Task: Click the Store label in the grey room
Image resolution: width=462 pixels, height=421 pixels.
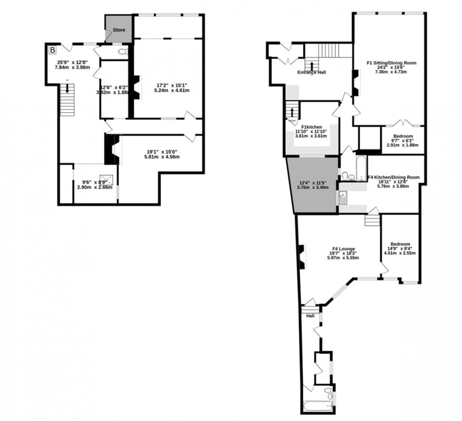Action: [119, 30]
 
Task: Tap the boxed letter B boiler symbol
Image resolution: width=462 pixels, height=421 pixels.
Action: [52, 49]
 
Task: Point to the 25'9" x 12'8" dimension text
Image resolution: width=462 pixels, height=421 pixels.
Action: [71, 65]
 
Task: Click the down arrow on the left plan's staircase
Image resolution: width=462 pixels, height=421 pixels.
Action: [67, 88]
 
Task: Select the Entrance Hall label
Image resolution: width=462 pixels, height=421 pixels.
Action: [312, 73]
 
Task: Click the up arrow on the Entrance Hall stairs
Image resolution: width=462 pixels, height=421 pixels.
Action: [311, 64]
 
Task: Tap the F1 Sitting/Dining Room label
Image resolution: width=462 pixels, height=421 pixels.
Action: [392, 63]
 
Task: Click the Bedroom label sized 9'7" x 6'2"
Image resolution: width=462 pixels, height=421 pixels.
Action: [403, 136]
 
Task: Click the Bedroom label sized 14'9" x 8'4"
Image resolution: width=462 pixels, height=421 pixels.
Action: [399, 244]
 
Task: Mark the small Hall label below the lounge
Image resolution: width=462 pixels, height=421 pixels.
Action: [311, 315]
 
